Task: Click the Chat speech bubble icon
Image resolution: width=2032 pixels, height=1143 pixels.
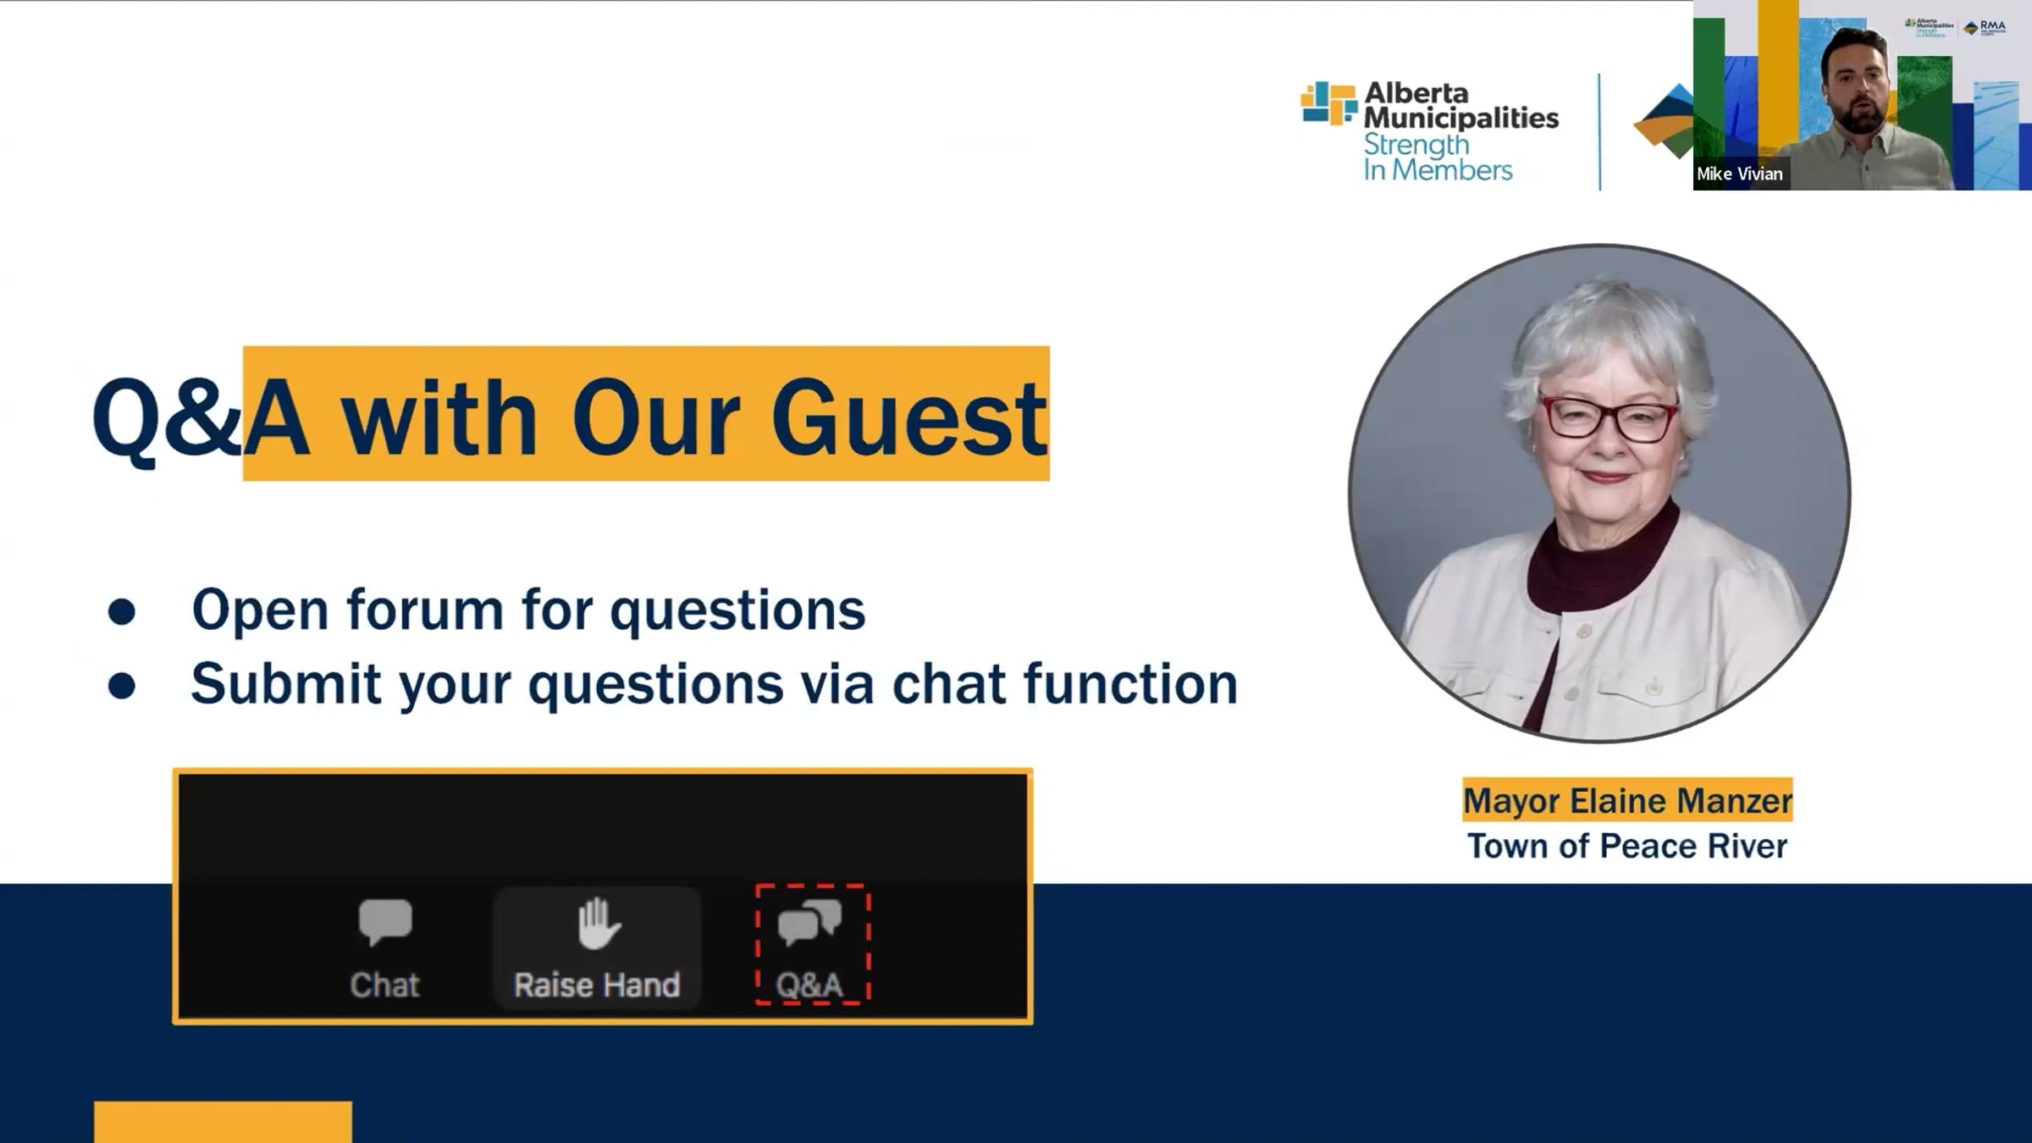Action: point(385,921)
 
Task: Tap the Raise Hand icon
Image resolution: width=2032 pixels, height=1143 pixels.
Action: point(599,923)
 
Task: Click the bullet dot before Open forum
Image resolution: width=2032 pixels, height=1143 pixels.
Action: point(122,612)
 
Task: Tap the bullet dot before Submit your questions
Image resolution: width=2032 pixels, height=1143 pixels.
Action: point(122,686)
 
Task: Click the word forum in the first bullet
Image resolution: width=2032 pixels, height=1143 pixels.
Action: point(424,609)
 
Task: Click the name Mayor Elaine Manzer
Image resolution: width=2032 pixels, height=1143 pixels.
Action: point(1627,801)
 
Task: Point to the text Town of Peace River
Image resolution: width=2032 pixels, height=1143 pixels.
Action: point(1627,846)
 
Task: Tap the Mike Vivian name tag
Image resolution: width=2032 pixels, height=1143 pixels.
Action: point(1740,174)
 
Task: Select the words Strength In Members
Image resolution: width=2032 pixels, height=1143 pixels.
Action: point(1438,157)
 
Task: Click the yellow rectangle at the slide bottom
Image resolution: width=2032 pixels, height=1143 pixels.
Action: point(223,1122)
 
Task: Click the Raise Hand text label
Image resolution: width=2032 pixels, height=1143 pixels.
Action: point(597,986)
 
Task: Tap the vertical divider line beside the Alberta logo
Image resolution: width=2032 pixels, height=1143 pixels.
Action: point(1599,132)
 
